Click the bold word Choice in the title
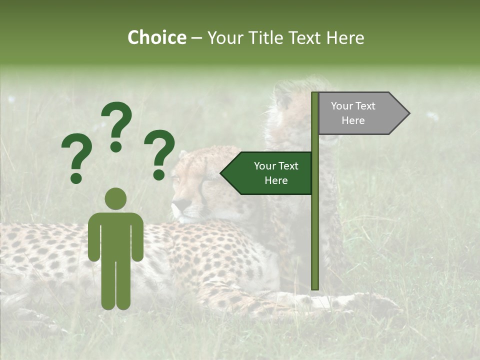pos(156,37)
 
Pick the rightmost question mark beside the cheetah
pos(159,152)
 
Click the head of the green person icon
pos(116,198)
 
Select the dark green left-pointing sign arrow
pos(267,173)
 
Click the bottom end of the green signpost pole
pos(315,287)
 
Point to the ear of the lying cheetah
pos(183,154)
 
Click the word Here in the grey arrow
pos(353,120)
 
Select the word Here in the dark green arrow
pos(276,180)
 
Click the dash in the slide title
pos(196,38)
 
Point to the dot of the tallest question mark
pos(116,146)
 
